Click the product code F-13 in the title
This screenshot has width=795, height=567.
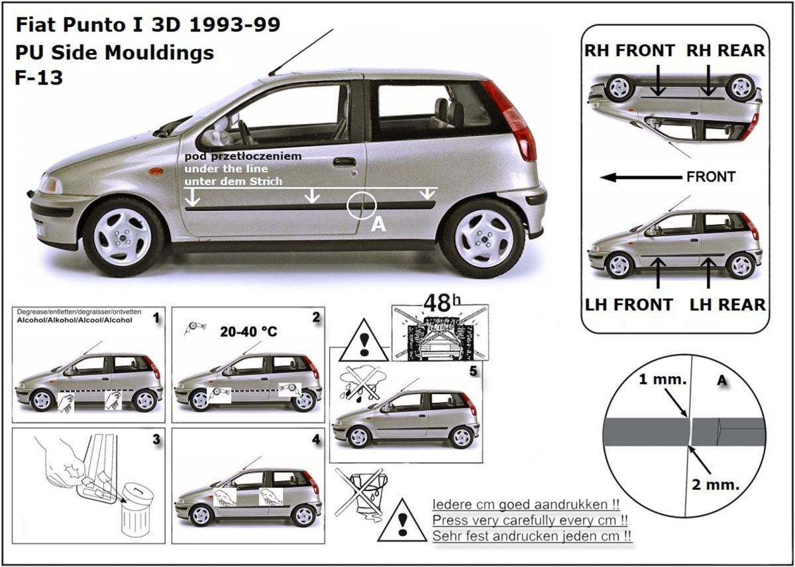pyautogui.click(x=39, y=78)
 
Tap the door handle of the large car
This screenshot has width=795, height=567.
pyautogui.click(x=344, y=162)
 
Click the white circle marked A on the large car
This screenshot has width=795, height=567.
pyautogui.click(x=361, y=205)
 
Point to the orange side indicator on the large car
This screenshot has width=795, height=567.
pyautogui.click(x=156, y=171)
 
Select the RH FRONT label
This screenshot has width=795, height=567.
pyautogui.click(x=629, y=50)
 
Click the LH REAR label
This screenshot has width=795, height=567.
pyautogui.click(x=727, y=305)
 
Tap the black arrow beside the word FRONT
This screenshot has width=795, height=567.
pyautogui.click(x=641, y=177)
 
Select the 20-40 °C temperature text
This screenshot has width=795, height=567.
pyautogui.click(x=248, y=332)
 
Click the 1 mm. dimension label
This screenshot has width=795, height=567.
pyautogui.click(x=662, y=380)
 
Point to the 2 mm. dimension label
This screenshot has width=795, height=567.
pyautogui.click(x=715, y=485)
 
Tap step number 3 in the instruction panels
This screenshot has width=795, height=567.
pyautogui.click(x=156, y=440)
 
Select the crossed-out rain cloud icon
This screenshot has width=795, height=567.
pyautogui.click(x=362, y=384)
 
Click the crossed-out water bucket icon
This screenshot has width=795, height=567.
pyautogui.click(x=362, y=493)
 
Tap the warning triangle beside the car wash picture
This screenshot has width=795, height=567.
pyautogui.click(x=364, y=341)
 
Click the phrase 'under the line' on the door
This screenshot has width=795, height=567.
pyautogui.click(x=226, y=168)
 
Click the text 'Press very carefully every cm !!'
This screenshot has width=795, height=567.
pyautogui.click(x=530, y=520)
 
